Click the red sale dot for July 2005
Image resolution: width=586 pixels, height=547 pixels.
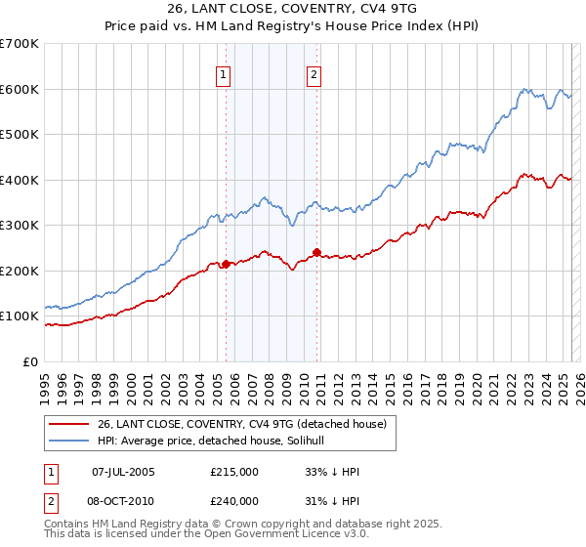pyautogui.click(x=226, y=264)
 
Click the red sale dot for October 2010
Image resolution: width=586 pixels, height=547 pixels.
pyautogui.click(x=316, y=252)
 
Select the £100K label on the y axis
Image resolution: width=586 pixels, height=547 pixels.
pyautogui.click(x=19, y=316)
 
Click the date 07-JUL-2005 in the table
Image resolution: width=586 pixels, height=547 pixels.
pyautogui.click(x=123, y=472)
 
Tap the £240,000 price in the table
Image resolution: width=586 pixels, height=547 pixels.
pyautogui.click(x=233, y=500)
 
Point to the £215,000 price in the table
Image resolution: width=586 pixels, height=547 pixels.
pyautogui.click(x=233, y=472)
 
